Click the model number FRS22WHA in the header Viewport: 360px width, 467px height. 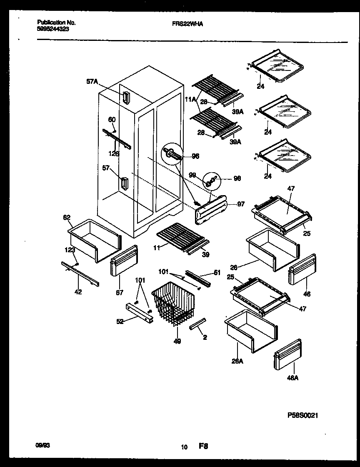click(188, 25)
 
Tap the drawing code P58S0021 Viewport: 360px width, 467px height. click(303, 415)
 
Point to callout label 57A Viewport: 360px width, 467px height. click(92, 82)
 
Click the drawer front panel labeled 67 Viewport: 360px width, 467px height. click(124, 261)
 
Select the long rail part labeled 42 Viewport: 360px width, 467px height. click(80, 274)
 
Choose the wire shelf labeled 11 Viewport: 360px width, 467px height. click(180, 235)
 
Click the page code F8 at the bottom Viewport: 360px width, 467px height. click(203, 447)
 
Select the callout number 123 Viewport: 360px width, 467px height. click(70, 250)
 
